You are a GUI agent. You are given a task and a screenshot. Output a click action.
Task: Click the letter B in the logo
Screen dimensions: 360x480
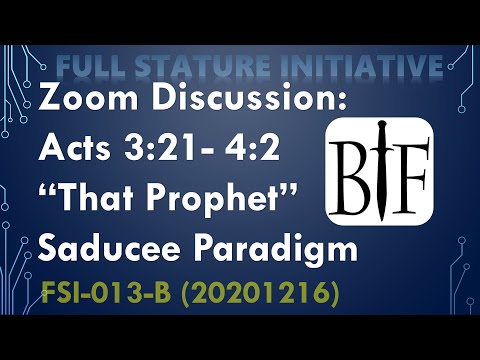pyautogui.click(x=356, y=163)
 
